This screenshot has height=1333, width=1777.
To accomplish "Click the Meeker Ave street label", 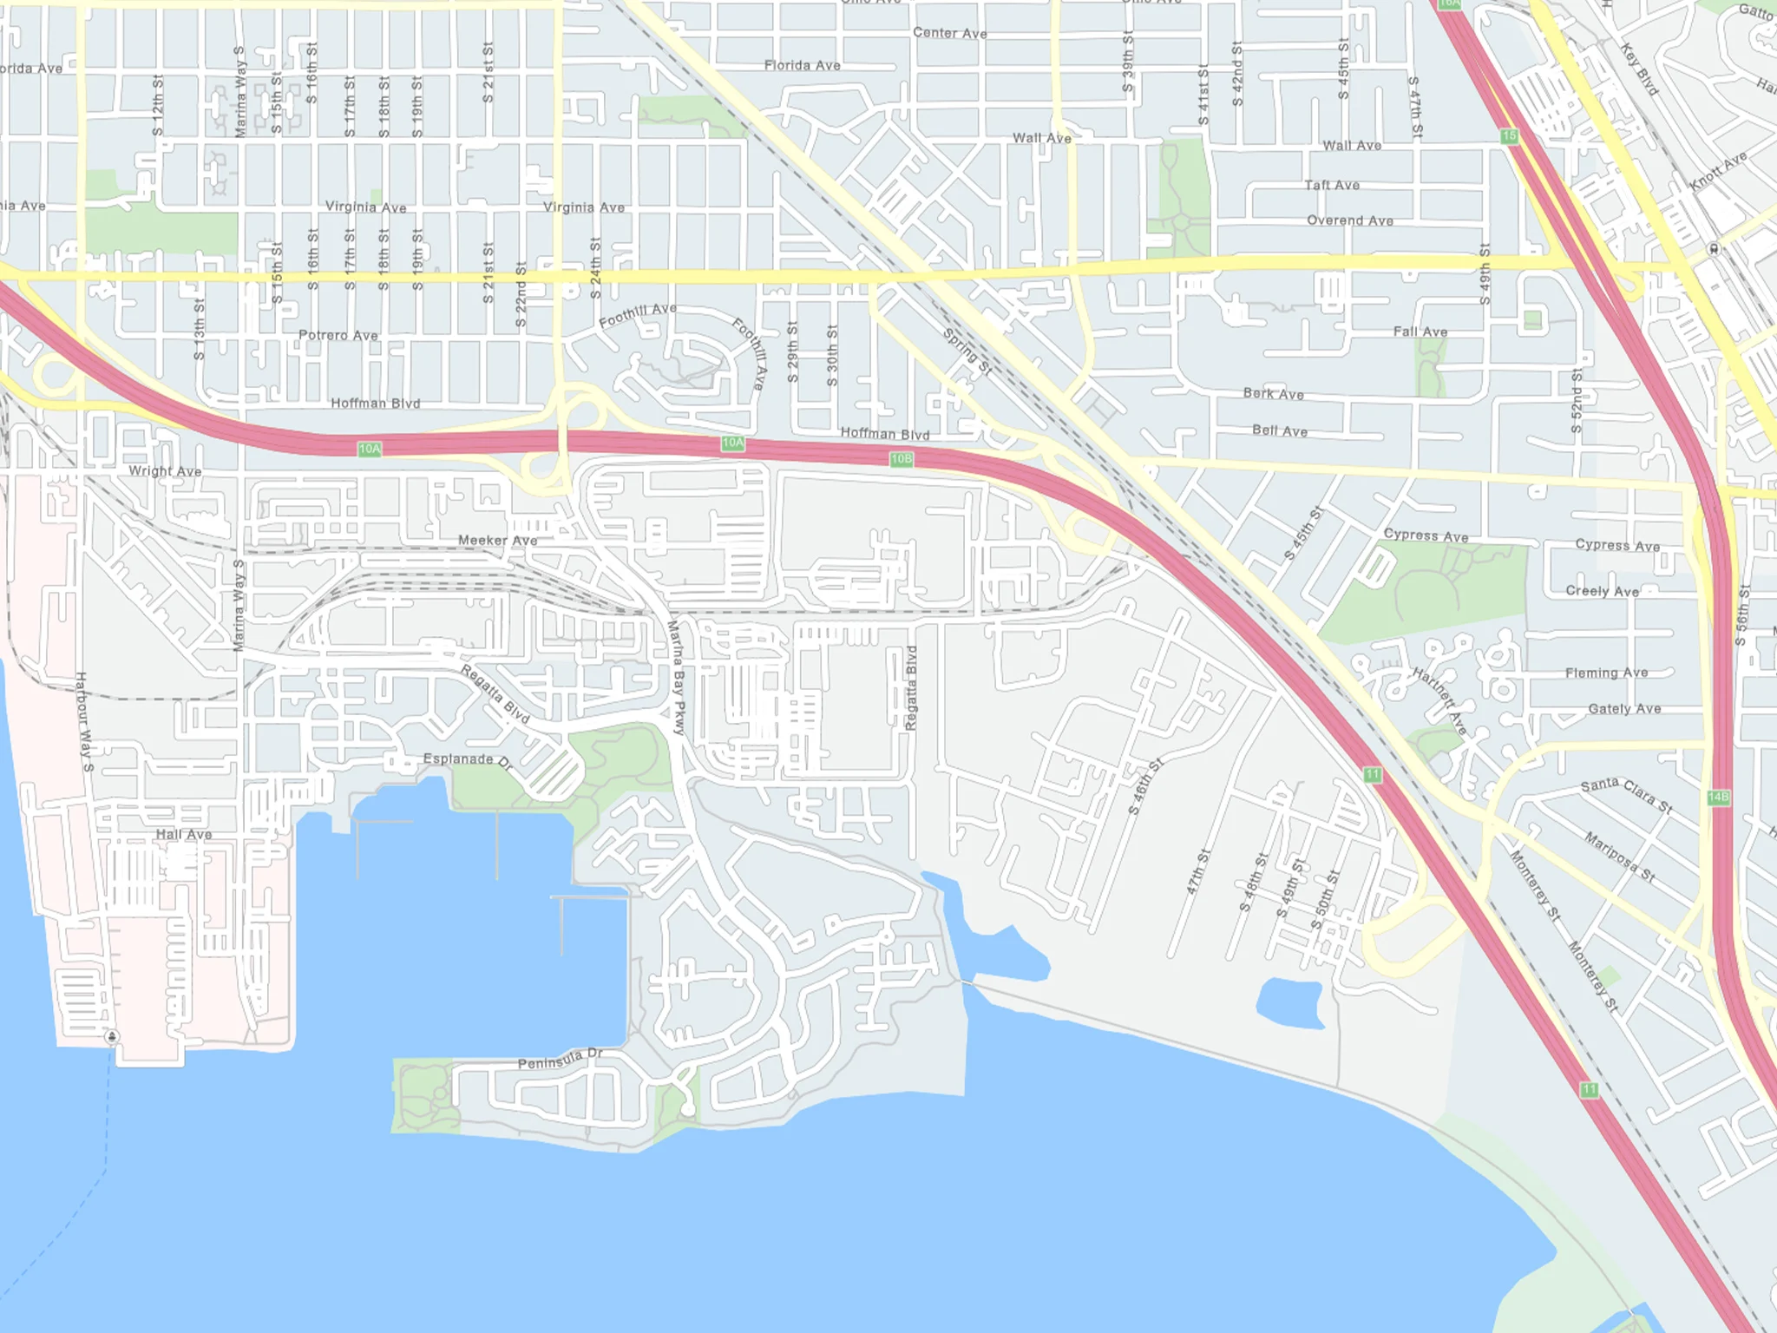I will pos(497,540).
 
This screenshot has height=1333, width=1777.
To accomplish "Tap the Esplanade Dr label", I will pos(468,760).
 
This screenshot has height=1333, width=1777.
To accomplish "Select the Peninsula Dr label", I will pos(560,1059).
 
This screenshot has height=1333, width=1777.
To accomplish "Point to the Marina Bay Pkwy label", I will pos(677,678).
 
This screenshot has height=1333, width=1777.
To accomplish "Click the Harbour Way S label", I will pos(84,721).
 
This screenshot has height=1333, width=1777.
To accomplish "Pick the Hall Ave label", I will pos(184,835).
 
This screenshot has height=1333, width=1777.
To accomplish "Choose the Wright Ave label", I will pos(165,471).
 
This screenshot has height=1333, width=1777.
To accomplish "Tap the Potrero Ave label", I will pos(338,335).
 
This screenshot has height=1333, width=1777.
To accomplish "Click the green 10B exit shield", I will pos(901,459).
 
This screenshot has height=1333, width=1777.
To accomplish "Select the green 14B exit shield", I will pos(1718,798).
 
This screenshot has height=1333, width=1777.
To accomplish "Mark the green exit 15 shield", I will pos(1510,136).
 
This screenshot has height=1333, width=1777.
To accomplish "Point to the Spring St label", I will pos(967,351).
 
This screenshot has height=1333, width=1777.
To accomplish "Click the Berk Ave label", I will pos(1273,394).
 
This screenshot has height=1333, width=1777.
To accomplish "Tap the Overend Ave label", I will pos(1350,220).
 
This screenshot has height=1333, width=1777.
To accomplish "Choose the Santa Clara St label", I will pos(1626,795).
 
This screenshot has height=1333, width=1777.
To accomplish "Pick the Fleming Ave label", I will pos(1606,673).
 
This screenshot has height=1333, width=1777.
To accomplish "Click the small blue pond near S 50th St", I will pos(1291,1003).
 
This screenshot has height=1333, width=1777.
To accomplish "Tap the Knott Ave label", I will pos(1718,172).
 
